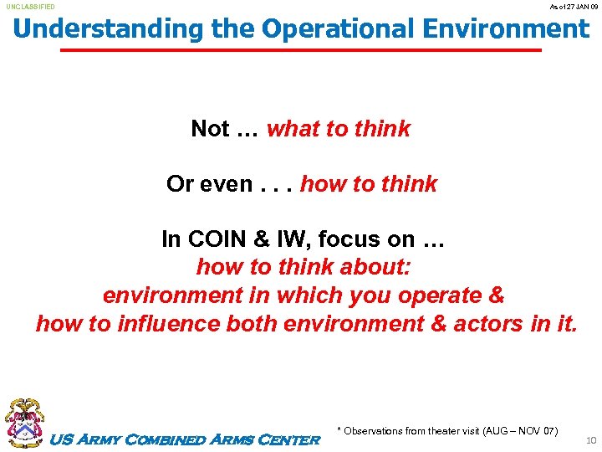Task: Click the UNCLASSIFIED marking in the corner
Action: point(31,7)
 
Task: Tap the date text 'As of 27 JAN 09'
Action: point(573,7)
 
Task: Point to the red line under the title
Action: point(301,50)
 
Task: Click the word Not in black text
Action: point(210,129)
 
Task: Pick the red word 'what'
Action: point(293,129)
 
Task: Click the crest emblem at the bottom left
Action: point(25,423)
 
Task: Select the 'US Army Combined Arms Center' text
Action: point(186,439)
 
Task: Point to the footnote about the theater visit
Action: point(447,431)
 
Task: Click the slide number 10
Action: point(591,439)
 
